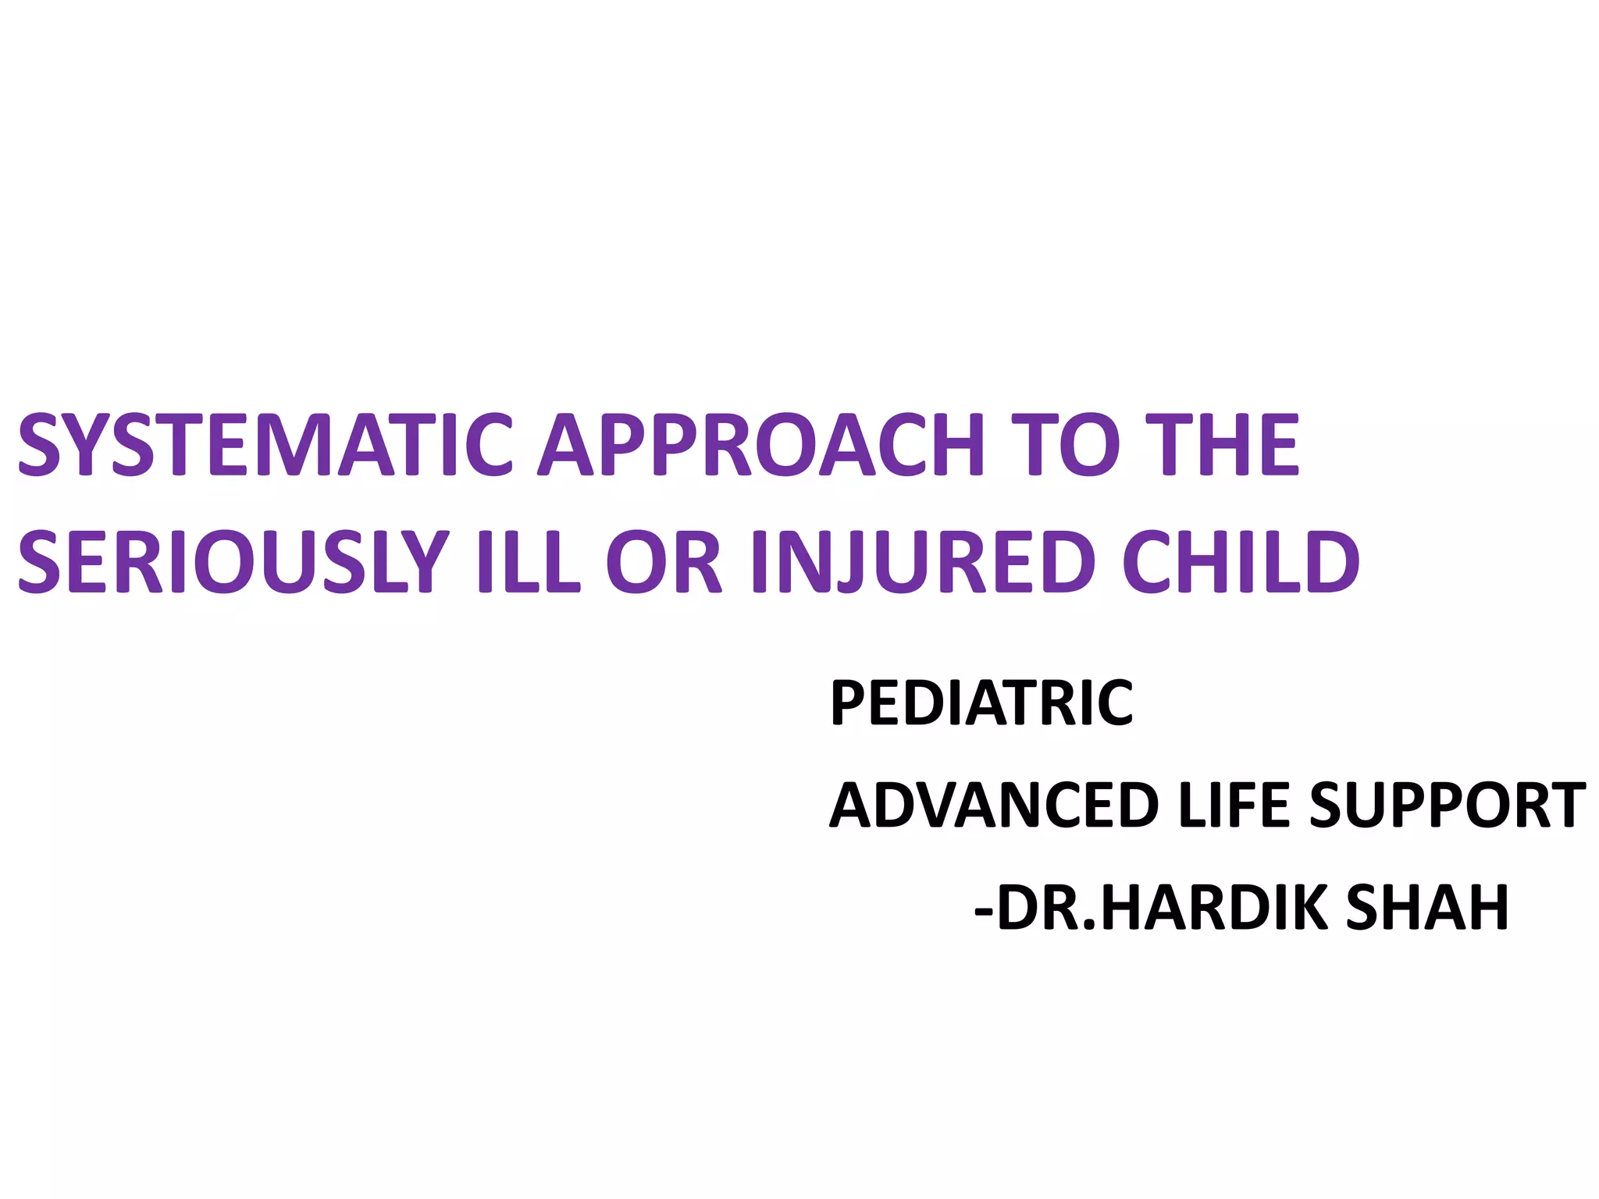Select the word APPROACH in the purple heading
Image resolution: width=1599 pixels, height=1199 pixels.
pyautogui.click(x=760, y=444)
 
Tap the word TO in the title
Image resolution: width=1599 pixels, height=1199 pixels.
pyautogui.click(x=1067, y=444)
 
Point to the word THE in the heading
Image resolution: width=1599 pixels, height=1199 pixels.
pyautogui.click(x=1227, y=444)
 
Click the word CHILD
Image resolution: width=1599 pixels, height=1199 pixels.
pyautogui.click(x=1241, y=561)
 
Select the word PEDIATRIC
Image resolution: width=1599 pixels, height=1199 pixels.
pyautogui.click(x=981, y=703)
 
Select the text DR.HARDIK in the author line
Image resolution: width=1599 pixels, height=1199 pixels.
pyautogui.click(x=1163, y=908)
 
